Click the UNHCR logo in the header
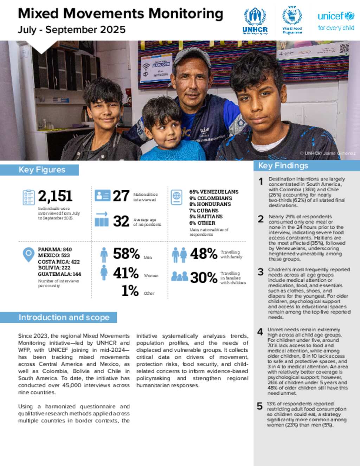pyautogui.click(x=255, y=21)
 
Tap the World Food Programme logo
pyautogui.click(x=292, y=20)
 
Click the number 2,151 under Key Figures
pyautogui.click(x=55, y=196)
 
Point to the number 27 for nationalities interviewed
pyautogui.click(x=121, y=196)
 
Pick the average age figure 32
pyautogui.click(x=121, y=221)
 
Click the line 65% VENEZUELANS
pyautogui.click(x=214, y=192)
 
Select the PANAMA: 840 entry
pyautogui.click(x=55, y=249)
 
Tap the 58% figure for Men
pyautogui.click(x=126, y=254)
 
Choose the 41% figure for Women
pyautogui.click(x=126, y=273)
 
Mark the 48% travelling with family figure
pyautogui.click(x=204, y=254)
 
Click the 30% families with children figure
pyautogui.click(x=204, y=277)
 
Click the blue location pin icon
pyautogui.click(x=28, y=255)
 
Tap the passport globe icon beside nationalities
pyautogui.click(x=176, y=197)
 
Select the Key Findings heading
pyautogui.click(x=283, y=166)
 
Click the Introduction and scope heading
pyautogui.click(x=64, y=317)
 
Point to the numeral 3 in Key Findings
pyautogui.click(x=261, y=272)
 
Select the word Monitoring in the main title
pyautogui.click(x=186, y=14)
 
